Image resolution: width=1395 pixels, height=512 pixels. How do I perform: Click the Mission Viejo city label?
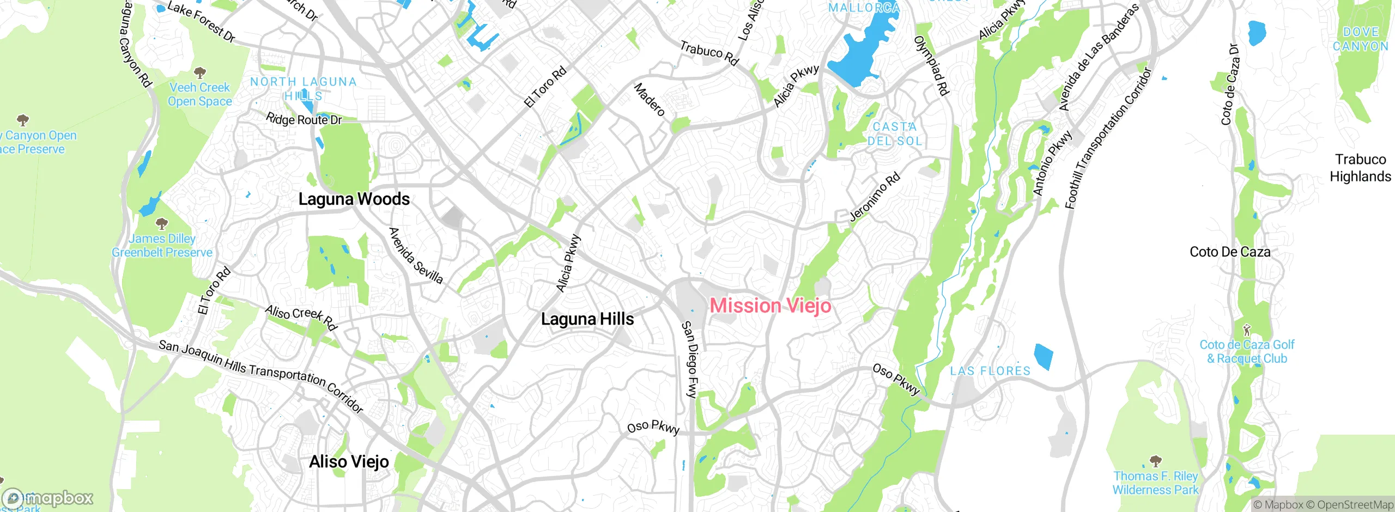pos(771,306)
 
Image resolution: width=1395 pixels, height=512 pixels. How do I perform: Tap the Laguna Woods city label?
pos(354,199)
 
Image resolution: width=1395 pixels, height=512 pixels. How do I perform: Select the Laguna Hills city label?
pos(587,319)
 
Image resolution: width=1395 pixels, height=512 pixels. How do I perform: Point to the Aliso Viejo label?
pos(349,462)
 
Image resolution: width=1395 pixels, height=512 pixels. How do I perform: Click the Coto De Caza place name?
pos(1230,252)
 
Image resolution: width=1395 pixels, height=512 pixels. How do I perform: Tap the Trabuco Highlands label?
pos(1360,168)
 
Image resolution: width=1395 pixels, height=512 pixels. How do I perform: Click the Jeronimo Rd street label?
pos(875,197)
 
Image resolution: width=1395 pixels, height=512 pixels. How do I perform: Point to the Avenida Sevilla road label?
pos(416,255)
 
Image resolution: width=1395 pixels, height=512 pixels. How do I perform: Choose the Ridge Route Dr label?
pos(304,119)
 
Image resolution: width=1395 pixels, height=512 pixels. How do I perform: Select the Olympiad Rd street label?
pos(932,65)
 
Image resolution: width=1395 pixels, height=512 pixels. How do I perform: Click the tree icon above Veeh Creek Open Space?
pos(200,72)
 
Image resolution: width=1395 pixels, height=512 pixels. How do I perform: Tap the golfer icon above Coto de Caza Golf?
pos(1246,330)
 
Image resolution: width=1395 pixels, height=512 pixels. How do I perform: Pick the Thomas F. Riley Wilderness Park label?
pos(1155,483)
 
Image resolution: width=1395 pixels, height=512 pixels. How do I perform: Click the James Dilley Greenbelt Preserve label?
pos(162,246)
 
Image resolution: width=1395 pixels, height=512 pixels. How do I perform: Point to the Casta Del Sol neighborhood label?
pos(894,134)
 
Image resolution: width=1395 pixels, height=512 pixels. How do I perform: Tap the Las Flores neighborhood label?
pos(990,371)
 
